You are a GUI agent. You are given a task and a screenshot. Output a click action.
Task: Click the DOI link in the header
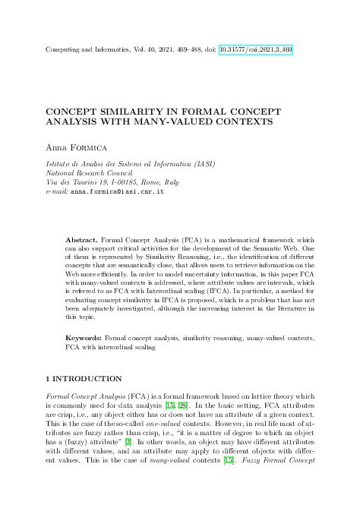pos(256,49)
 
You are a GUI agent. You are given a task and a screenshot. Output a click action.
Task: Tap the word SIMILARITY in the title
pos(132,111)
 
